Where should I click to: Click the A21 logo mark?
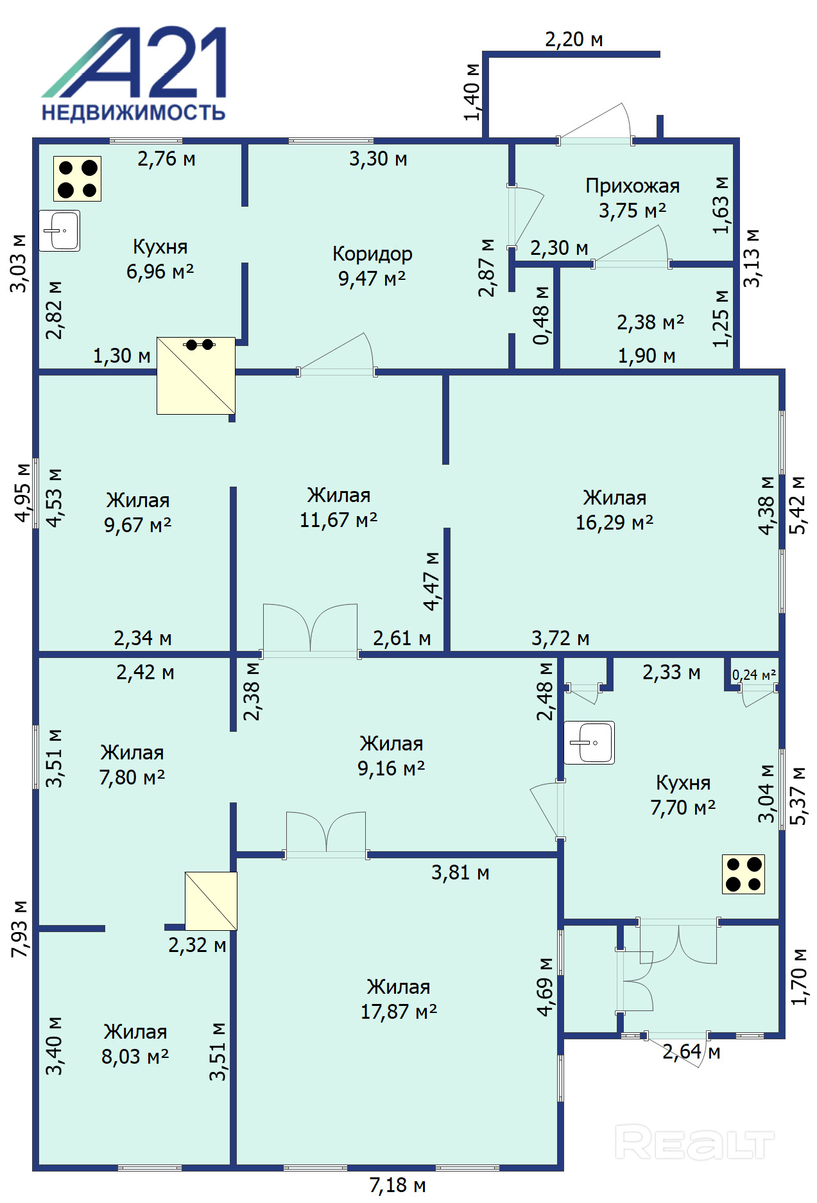pyautogui.click(x=134, y=62)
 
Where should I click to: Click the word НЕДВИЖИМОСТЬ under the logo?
pyautogui.click(x=133, y=113)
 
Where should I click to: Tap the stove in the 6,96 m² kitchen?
pyautogui.click(x=77, y=179)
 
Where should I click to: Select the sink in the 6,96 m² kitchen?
pyautogui.click(x=60, y=230)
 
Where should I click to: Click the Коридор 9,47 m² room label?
pyautogui.click(x=372, y=266)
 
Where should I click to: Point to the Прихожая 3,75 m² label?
pyautogui.click(x=632, y=198)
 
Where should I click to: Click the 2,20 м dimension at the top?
pyautogui.click(x=574, y=40)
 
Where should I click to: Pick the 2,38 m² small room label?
pyautogui.click(x=650, y=322)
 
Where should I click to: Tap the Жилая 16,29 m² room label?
pyautogui.click(x=614, y=510)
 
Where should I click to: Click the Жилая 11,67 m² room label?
pyautogui.click(x=338, y=507)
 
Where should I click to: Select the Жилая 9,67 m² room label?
pyautogui.click(x=138, y=512)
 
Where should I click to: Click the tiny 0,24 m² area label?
pyautogui.click(x=754, y=675)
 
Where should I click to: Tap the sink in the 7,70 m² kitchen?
pyautogui.click(x=589, y=743)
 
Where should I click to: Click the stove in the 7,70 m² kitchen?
pyautogui.click(x=743, y=874)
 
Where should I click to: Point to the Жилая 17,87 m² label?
pyautogui.click(x=399, y=999)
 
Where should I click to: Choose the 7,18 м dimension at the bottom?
pyautogui.click(x=397, y=1185)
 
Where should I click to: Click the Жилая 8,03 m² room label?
pyautogui.click(x=135, y=1044)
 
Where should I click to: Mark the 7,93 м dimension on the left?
pyautogui.click(x=20, y=929)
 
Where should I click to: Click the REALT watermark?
pyautogui.click(x=695, y=1142)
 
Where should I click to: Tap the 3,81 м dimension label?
pyautogui.click(x=460, y=872)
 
